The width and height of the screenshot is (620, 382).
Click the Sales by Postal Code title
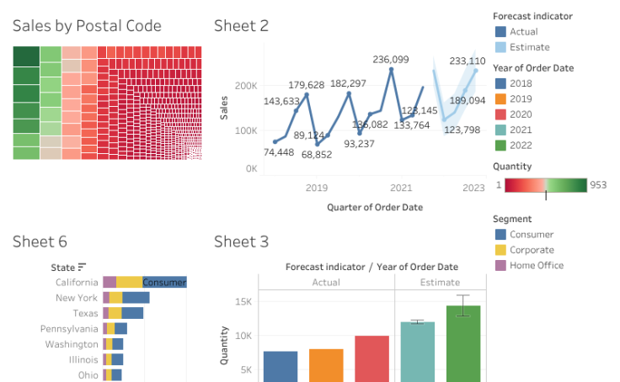(x=87, y=26)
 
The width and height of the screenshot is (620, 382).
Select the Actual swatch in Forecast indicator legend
(x=501, y=32)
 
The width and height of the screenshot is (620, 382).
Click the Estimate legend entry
(x=529, y=47)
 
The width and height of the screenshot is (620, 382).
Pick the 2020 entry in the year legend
(x=521, y=114)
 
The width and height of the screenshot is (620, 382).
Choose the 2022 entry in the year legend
(x=521, y=145)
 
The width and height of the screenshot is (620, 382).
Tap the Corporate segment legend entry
(x=532, y=250)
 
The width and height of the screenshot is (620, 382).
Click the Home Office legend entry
(x=536, y=265)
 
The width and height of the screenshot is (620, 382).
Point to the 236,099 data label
(x=391, y=60)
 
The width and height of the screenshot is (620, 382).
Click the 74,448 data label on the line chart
(x=279, y=152)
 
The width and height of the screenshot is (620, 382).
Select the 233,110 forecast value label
(x=468, y=61)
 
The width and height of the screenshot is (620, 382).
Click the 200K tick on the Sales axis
(x=246, y=86)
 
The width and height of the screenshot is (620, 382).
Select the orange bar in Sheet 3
(x=325, y=365)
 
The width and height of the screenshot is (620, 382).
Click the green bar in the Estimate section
(x=462, y=345)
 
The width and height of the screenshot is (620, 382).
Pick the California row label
(x=77, y=283)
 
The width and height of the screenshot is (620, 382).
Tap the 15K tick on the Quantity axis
(x=243, y=302)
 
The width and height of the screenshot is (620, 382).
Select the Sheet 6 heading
(x=40, y=242)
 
